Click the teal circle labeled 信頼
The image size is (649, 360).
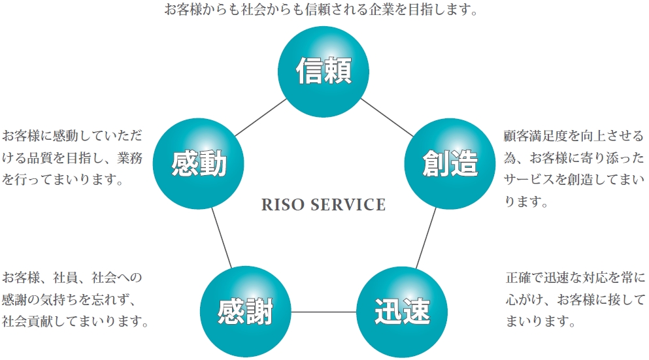pyautogui.click(x=324, y=71)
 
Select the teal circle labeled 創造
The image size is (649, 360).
pyautogui.click(x=450, y=163)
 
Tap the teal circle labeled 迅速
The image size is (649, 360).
pyautogui.click(x=402, y=311)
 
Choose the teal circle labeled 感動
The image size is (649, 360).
pyautogui.click(x=198, y=163)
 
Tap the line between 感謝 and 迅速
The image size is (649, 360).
pyautogui.click(x=324, y=312)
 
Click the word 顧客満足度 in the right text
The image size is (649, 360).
pyautogui.click(x=535, y=136)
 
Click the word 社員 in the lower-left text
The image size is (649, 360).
pyautogui.click(x=73, y=277)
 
